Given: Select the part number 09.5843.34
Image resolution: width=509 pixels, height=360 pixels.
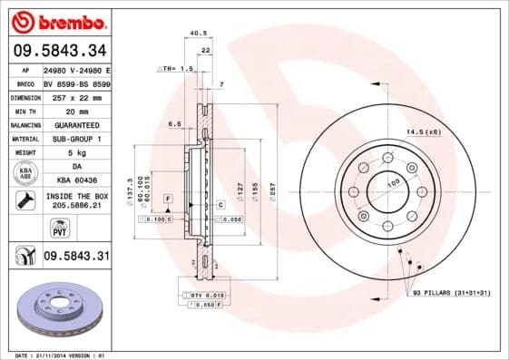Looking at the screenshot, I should [x=59, y=50].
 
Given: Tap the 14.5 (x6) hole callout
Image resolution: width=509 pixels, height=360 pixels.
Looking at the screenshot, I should [x=423, y=131].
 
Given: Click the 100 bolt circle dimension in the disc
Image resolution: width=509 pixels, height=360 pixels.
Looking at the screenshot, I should [x=394, y=183].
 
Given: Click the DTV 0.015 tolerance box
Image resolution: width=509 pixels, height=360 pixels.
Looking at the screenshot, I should [x=208, y=297].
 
